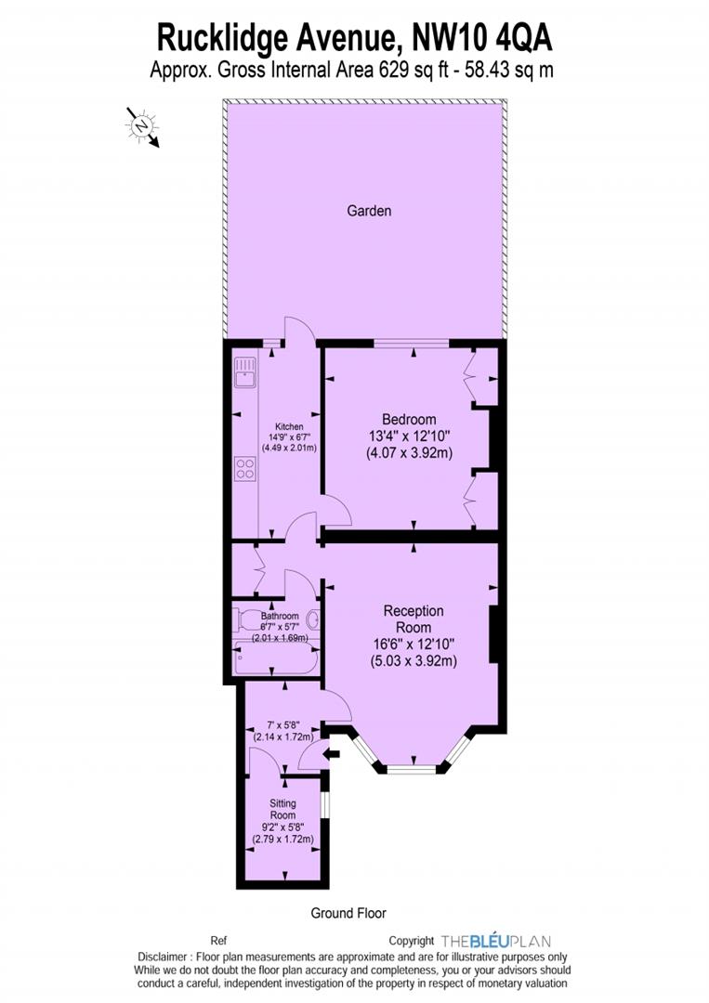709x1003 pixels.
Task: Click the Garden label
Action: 369,211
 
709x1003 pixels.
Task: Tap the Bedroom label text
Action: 409,420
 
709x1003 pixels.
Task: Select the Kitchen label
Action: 289,426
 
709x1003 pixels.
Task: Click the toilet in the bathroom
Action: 245,619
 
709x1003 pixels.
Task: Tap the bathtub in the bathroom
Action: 276,658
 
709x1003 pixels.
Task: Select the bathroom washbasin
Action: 313,619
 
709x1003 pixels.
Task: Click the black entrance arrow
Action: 333,755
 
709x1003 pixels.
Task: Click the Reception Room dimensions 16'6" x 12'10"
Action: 414,645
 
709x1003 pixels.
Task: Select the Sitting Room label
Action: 282,809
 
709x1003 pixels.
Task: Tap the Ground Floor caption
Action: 348,913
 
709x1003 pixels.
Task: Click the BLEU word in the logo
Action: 490,941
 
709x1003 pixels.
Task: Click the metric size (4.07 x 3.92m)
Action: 410,453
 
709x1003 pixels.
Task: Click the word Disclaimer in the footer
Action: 163,957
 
